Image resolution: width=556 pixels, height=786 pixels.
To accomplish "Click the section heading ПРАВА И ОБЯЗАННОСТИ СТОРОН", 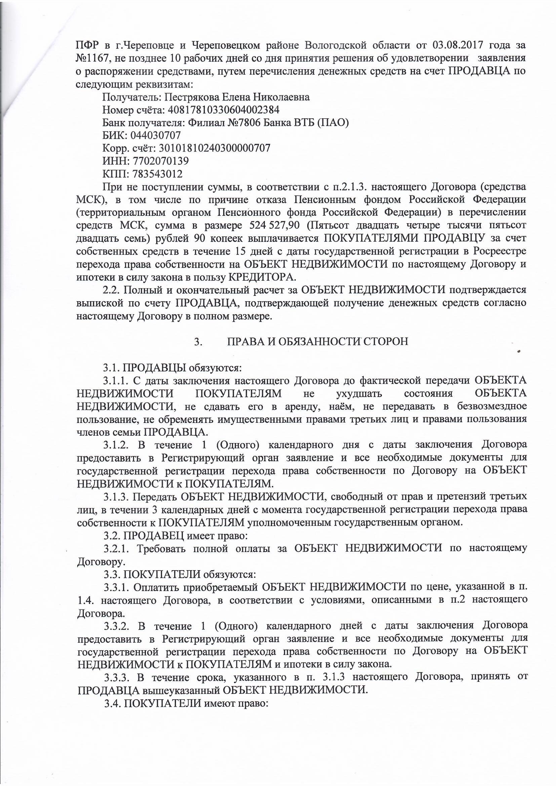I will pyautogui.click(x=318, y=342).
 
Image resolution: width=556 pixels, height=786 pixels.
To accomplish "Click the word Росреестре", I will pyautogui.click(x=499, y=251).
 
